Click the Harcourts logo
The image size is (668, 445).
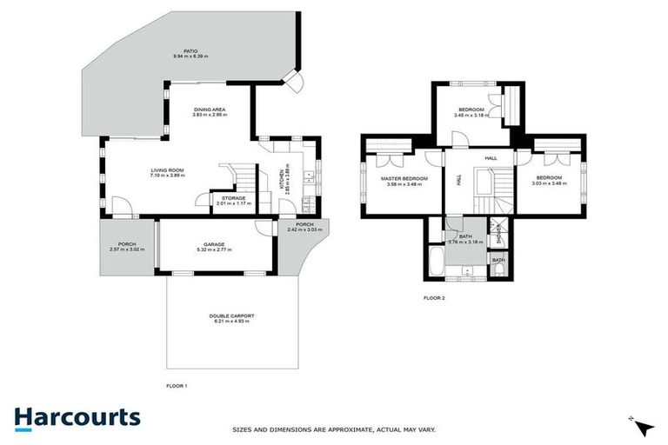point(77,417)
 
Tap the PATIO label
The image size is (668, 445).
point(190,50)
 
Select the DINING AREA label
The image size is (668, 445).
point(209,110)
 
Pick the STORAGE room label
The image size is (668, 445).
point(233,198)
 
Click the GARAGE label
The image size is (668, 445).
point(214,244)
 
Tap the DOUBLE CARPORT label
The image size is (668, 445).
point(231,315)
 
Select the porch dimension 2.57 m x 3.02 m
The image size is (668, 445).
point(128,249)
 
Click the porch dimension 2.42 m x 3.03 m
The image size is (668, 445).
point(304,229)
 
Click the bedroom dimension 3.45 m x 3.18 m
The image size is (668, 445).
point(471,115)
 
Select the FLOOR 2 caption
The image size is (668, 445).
point(434,298)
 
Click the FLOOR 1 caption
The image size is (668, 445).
point(177,385)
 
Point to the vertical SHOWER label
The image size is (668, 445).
point(498,235)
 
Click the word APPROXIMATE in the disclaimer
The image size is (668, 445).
point(343,429)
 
